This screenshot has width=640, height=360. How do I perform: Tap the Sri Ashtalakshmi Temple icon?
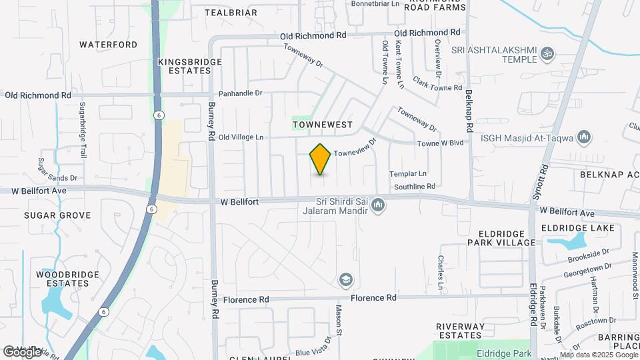(x=547, y=53)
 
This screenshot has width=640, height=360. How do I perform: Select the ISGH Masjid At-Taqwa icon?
(x=585, y=137)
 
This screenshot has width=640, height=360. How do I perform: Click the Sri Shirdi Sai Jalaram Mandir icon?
(x=378, y=205)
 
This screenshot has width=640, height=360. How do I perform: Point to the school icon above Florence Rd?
(x=345, y=279)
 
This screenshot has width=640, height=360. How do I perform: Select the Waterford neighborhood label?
(x=108, y=45)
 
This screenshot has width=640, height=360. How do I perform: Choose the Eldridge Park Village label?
(x=507, y=237)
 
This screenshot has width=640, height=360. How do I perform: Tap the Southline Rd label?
(x=414, y=187)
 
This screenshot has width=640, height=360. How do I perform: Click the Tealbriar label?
(x=231, y=13)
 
